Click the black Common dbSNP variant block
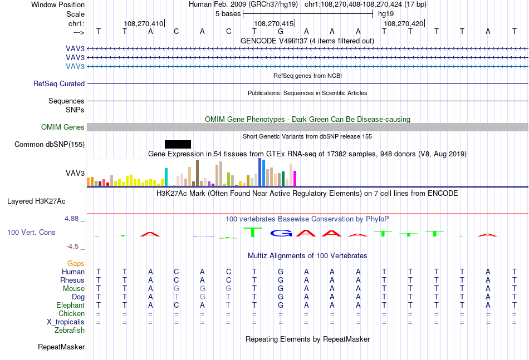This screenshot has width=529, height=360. (x=178, y=144)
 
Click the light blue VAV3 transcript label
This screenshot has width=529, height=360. (x=75, y=66)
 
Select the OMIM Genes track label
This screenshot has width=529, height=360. (x=63, y=127)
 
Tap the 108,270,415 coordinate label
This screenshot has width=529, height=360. (x=273, y=23)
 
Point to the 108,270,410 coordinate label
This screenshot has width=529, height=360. (x=143, y=23)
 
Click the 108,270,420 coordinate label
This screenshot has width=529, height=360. (x=404, y=23)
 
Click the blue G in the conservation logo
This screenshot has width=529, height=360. (x=281, y=233)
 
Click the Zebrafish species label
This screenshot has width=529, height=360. (x=70, y=331)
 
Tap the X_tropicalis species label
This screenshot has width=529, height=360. (x=66, y=322)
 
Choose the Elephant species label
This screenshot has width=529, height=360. (x=70, y=305)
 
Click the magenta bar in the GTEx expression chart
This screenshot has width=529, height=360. (x=295, y=178)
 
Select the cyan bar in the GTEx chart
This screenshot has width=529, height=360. (x=166, y=177)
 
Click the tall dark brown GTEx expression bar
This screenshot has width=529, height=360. (x=197, y=173)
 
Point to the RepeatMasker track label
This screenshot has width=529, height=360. (x=61, y=347)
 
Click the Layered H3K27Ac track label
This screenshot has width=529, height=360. (x=36, y=201)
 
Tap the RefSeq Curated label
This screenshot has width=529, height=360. (x=59, y=83)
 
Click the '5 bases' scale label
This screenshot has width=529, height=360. (x=228, y=14)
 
